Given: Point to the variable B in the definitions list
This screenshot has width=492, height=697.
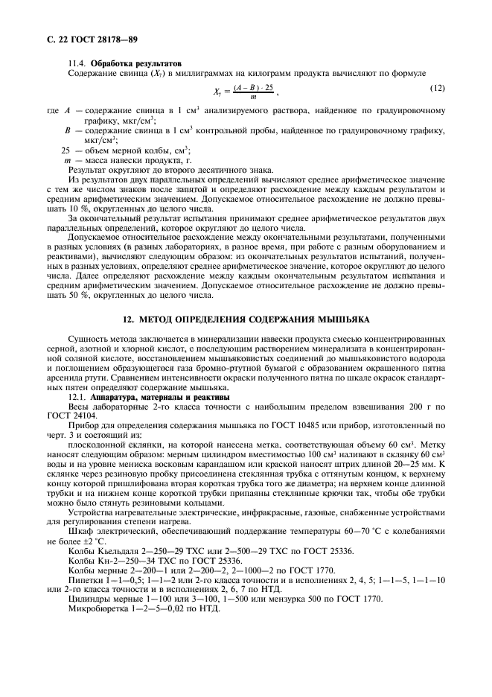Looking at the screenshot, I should coord(67,130).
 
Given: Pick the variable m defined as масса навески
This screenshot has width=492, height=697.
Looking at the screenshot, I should coord(67,160).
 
